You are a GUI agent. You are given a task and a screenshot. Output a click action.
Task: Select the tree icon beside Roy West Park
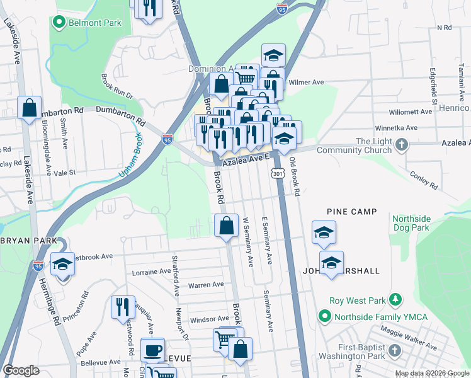click(395, 298)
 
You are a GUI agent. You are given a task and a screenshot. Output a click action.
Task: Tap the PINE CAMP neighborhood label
click(351, 212)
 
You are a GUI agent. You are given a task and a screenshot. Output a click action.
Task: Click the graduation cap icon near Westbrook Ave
click(62, 264)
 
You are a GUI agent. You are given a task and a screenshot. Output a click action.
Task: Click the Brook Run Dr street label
click(117, 86)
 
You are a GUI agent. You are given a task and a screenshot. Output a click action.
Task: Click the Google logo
click(21, 370)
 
